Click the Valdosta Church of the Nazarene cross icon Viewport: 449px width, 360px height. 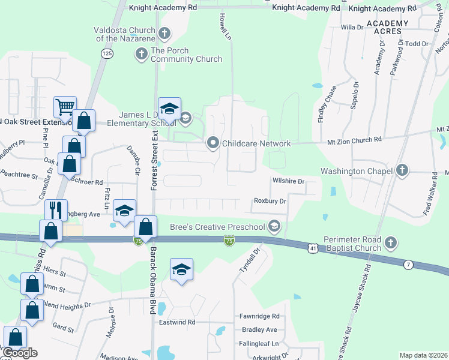[x=165, y=33]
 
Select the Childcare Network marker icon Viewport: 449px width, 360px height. [x=212, y=143]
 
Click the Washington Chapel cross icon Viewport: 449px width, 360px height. [x=402, y=171]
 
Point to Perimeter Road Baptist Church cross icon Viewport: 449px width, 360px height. [x=391, y=242]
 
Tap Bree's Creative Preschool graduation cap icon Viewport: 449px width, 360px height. [x=274, y=226]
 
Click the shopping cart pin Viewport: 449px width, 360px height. [x=65, y=107]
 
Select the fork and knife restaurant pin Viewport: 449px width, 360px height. [x=56, y=210]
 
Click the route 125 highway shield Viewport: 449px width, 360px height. [x=107, y=54]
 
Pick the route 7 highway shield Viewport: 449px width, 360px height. [x=408, y=265]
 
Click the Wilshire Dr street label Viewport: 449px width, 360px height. [x=288, y=181]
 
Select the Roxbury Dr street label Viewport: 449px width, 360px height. [x=270, y=201]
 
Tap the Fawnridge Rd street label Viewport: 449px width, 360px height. [x=259, y=316]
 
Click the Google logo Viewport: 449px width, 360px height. [x=19, y=353]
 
